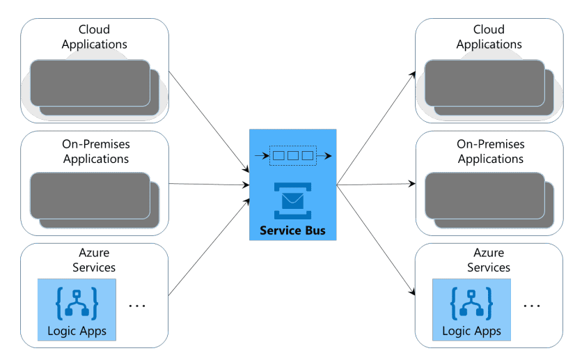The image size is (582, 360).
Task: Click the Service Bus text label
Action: pos(292,230)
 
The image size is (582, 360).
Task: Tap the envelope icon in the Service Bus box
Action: pos(292,201)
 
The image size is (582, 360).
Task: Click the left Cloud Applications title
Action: pos(95,37)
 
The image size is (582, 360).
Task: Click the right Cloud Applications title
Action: pos(489,37)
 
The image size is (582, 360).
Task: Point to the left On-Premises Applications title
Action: pos(95,151)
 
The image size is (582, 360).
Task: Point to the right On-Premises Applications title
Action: pos(490,151)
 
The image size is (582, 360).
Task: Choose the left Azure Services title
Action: pos(95,260)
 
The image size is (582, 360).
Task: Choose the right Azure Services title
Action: pos(489,260)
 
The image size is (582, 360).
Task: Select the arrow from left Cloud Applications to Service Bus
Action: pos(209,121)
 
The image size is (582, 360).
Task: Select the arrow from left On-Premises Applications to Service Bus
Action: pos(209,185)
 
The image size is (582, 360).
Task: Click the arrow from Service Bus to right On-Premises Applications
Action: pos(376,185)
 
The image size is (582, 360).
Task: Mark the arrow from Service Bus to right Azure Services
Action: pos(376,240)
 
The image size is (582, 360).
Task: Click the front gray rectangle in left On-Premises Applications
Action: pos(90,194)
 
